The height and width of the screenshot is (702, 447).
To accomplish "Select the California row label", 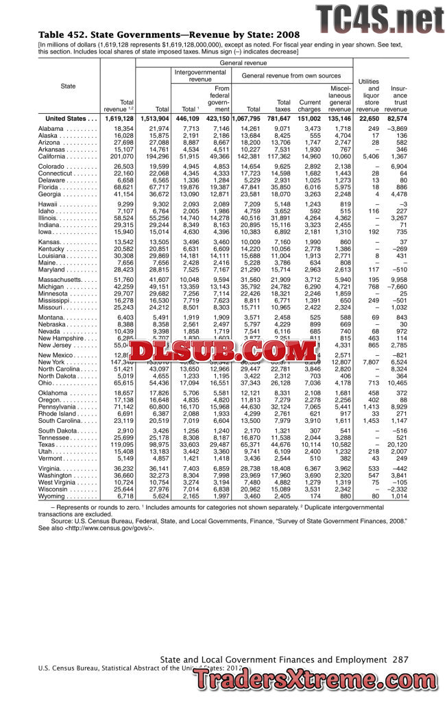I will point(58,156).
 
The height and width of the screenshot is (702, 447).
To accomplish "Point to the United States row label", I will point(66,119).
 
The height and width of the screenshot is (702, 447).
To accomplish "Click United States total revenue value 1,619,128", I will point(119,119).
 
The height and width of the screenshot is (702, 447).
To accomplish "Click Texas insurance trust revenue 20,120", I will point(396,463).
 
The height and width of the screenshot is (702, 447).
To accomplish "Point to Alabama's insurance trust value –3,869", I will point(395,129).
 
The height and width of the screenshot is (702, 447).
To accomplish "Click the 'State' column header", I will point(69,86).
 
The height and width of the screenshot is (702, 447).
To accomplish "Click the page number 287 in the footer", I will point(400,659).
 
